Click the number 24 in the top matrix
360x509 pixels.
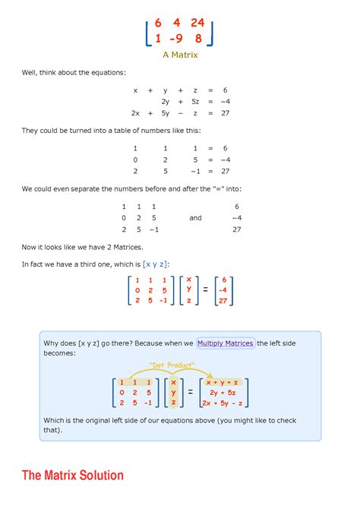[x=197, y=22]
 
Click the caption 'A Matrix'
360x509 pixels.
[x=179, y=55]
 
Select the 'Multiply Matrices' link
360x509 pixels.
[x=225, y=343]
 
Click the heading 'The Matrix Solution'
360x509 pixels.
[x=73, y=476]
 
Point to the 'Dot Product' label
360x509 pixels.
[x=168, y=365]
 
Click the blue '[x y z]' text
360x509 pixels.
[x=156, y=264]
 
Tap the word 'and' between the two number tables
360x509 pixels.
[x=195, y=217]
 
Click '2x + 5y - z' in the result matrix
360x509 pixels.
[x=224, y=403]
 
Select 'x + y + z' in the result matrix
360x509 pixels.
[x=224, y=381]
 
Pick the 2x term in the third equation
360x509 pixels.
[x=135, y=112]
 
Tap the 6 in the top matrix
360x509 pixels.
[x=158, y=22]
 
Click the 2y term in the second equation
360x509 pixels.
[x=165, y=101]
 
